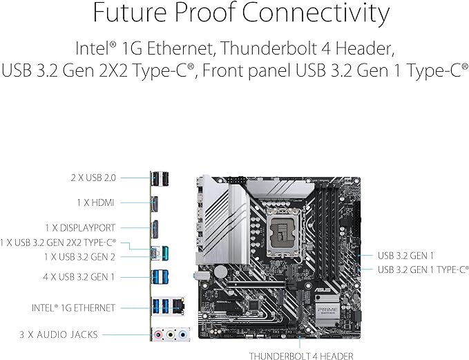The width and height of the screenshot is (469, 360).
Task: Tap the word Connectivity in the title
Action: (x=330, y=15)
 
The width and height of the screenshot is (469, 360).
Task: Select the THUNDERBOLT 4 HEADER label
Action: (x=302, y=356)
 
